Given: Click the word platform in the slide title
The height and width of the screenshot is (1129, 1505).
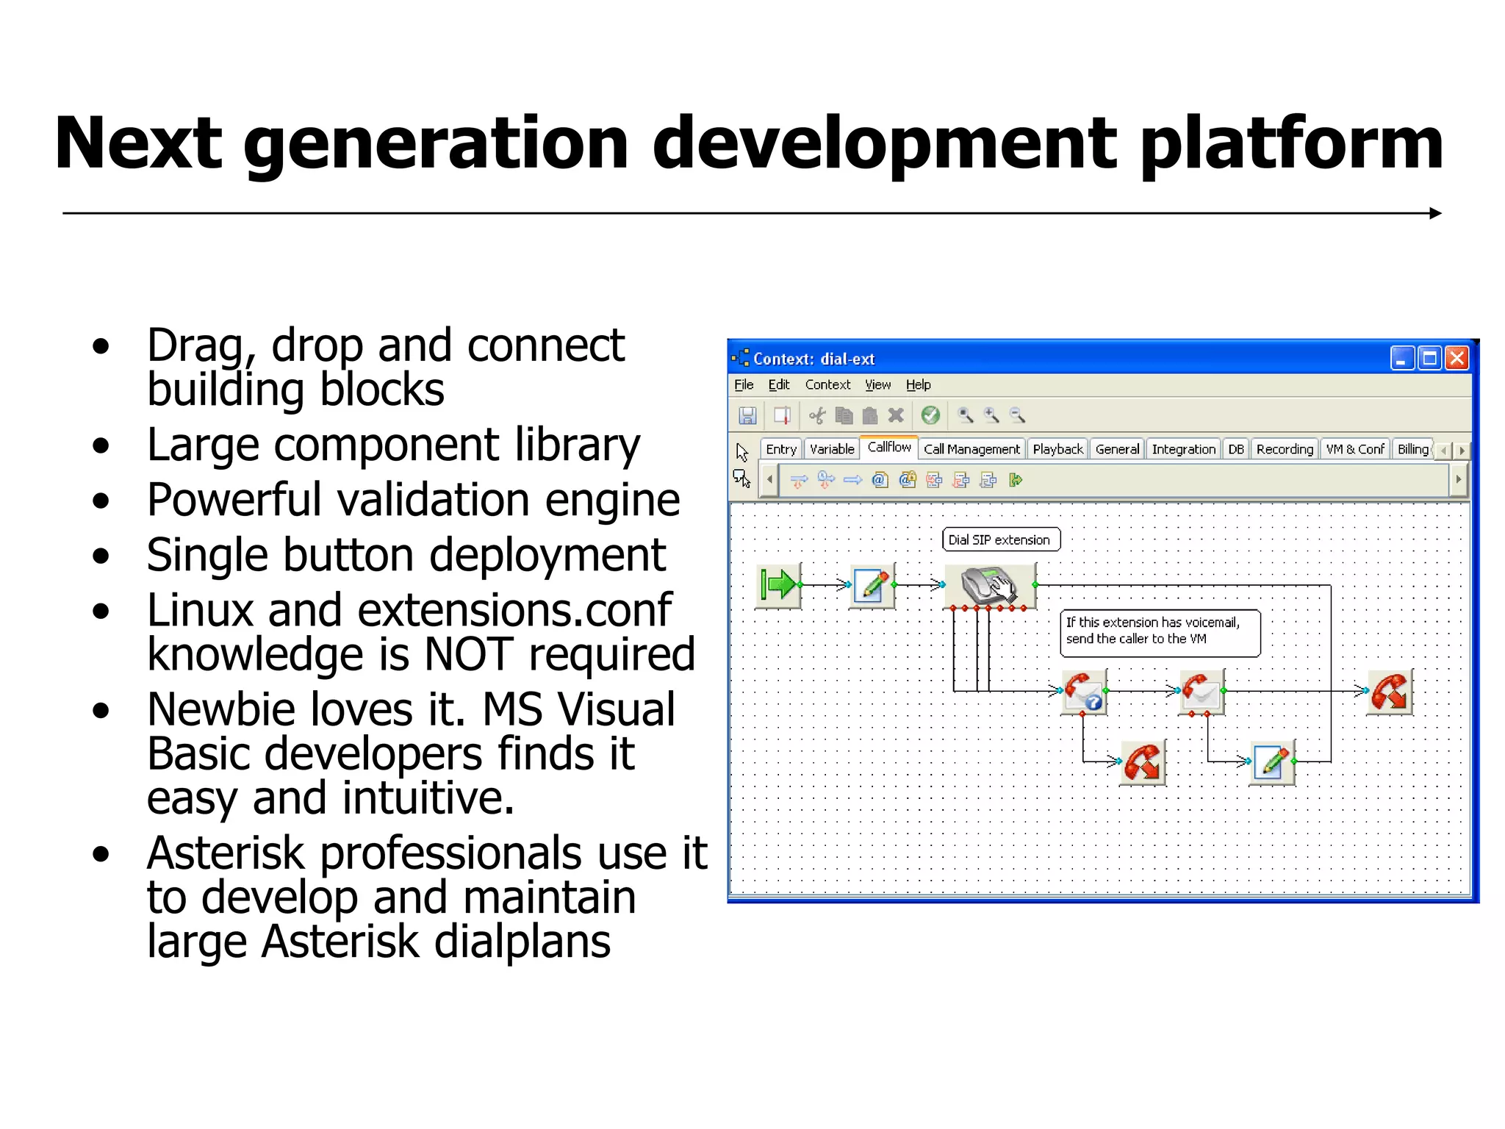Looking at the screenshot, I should click(1291, 146).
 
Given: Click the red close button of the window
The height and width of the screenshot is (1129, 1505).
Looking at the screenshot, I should click(1456, 358).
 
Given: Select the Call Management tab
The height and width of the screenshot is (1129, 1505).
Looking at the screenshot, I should click(971, 449).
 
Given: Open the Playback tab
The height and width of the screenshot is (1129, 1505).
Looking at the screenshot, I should click(1057, 449).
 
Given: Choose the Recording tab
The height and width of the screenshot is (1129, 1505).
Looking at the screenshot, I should click(1284, 449).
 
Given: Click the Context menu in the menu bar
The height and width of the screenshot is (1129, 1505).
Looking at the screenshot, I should click(827, 384).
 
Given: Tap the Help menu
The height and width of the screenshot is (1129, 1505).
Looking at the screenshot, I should click(918, 384).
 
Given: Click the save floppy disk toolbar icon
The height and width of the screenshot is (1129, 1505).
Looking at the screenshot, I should click(747, 415).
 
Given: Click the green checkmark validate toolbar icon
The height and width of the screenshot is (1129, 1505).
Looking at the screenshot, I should click(930, 415).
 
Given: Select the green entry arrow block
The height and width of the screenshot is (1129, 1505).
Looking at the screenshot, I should click(778, 585).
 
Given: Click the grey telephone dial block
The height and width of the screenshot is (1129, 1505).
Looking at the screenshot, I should click(989, 586).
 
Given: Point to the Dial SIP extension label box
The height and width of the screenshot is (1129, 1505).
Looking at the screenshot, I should click(1001, 540).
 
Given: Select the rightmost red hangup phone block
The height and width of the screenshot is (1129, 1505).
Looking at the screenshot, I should click(1389, 692).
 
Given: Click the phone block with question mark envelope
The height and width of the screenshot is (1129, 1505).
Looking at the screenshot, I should click(1084, 692).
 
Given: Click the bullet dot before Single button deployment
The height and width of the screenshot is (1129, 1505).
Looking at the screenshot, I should click(101, 556).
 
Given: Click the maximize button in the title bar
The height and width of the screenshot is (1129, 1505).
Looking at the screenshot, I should click(1429, 358).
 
